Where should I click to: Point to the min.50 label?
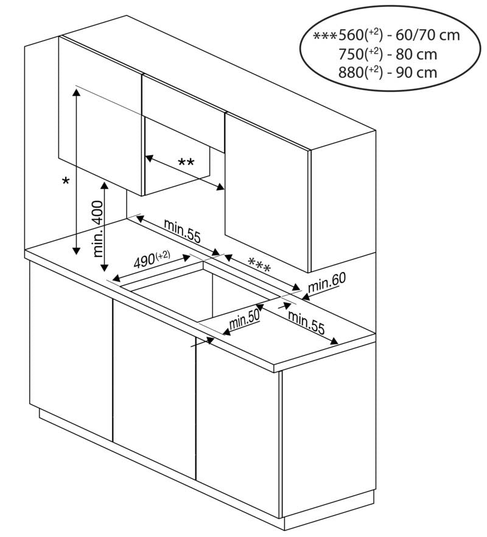(x=244, y=318)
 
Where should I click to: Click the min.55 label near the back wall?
(x=181, y=231)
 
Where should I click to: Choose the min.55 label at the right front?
(x=306, y=323)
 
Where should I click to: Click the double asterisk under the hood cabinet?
(x=186, y=163)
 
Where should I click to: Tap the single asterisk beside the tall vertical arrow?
(x=66, y=181)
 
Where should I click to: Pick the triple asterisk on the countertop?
(x=260, y=264)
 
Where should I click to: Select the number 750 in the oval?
(x=351, y=54)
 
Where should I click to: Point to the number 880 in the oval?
(x=351, y=72)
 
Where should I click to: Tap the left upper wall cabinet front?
(x=100, y=116)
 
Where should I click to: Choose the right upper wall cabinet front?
(x=267, y=189)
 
